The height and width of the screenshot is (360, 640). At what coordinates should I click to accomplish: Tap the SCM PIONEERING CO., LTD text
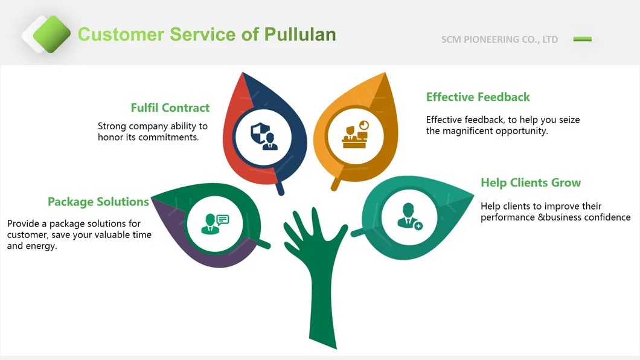click(x=499, y=40)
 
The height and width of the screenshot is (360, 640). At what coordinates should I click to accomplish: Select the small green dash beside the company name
click(x=582, y=39)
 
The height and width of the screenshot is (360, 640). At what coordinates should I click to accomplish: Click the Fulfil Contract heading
click(x=170, y=108)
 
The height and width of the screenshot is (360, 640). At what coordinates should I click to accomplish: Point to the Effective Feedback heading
click(x=478, y=97)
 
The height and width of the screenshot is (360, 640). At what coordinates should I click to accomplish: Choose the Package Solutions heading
click(x=98, y=202)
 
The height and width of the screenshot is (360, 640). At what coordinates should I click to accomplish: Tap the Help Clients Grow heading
click(x=530, y=183)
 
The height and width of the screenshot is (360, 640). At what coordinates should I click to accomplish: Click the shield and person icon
click(x=264, y=135)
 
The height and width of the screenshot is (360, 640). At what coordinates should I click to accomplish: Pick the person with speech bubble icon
click(x=216, y=223)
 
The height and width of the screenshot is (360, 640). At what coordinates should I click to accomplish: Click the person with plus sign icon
click(x=409, y=216)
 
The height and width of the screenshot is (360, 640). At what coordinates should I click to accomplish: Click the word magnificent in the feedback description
click(x=468, y=131)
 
